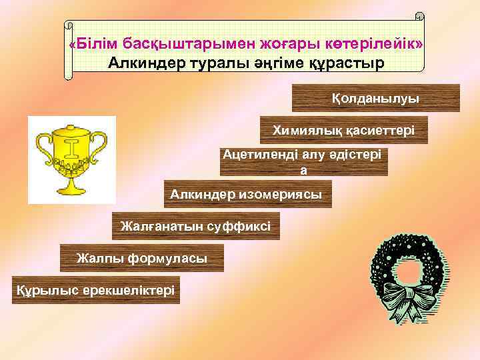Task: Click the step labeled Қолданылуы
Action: (375, 98)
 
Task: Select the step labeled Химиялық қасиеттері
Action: (343, 131)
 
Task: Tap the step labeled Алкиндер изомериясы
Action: (247, 194)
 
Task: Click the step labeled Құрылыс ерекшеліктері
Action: (95, 290)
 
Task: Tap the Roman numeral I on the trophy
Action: (71, 148)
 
